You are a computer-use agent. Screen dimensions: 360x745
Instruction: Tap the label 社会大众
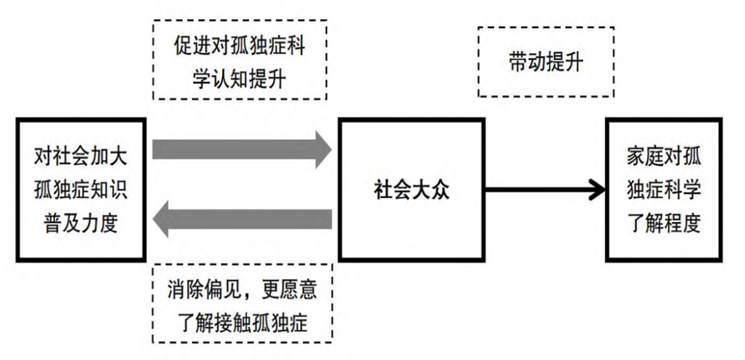(411, 190)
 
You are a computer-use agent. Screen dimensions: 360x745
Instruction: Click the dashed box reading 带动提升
(546, 63)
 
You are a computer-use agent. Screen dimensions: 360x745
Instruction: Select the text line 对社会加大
(81, 157)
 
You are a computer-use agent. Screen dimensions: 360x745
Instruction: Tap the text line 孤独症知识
(81, 190)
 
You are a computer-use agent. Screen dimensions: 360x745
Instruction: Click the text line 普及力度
(81, 222)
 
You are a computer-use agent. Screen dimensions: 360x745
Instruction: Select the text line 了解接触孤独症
(241, 321)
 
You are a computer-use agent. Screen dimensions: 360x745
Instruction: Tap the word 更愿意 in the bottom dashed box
(290, 289)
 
